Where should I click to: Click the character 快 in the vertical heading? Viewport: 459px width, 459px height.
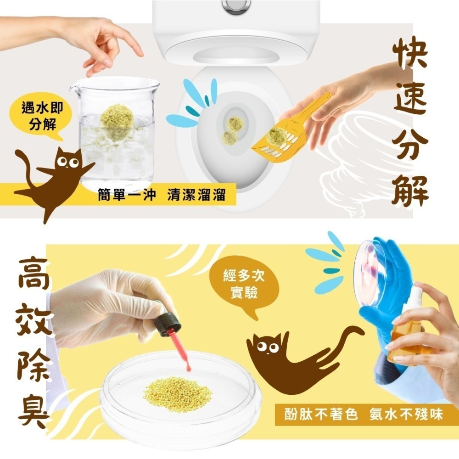[410, 54]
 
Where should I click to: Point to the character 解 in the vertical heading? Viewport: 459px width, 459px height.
[410, 188]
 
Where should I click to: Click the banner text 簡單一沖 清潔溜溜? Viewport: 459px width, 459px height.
[162, 195]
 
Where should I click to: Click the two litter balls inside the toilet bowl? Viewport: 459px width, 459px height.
[232, 131]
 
